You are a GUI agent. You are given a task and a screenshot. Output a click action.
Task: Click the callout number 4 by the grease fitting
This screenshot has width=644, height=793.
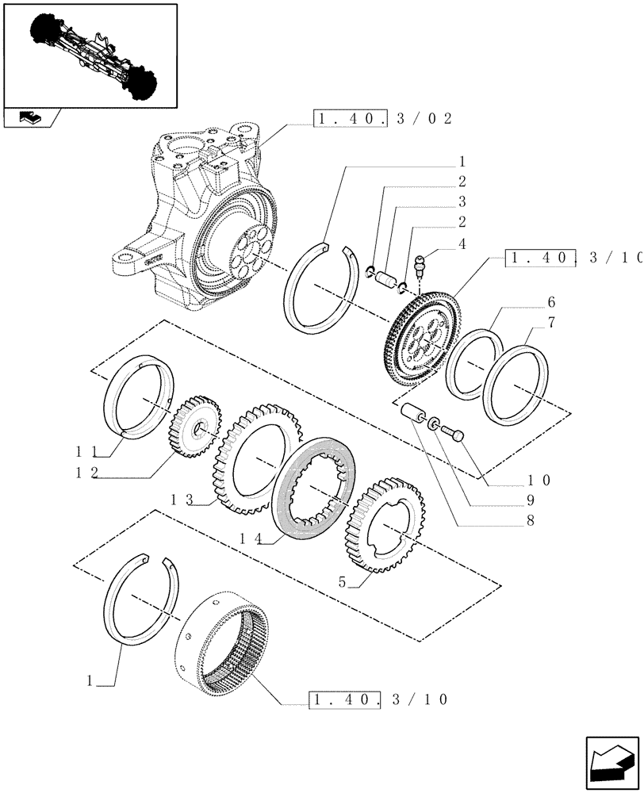[x=461, y=244]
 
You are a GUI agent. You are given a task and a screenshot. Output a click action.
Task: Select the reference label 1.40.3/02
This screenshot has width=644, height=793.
[x=383, y=120]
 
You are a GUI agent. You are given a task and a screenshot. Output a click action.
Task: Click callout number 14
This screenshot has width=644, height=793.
[x=250, y=538]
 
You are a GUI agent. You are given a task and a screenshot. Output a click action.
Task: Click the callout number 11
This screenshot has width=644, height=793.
[x=88, y=450]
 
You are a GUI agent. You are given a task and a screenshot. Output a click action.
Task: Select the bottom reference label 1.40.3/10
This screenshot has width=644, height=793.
[x=379, y=700]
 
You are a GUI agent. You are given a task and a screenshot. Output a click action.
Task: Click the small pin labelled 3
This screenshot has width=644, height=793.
[x=385, y=280]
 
